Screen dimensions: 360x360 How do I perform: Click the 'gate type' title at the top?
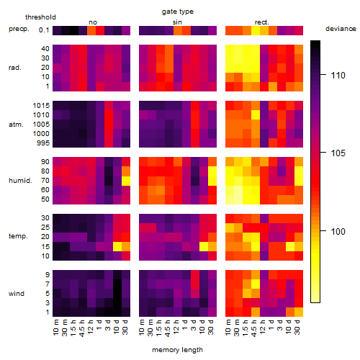pos(178,12)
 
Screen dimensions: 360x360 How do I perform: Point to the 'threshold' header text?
pos(40,17)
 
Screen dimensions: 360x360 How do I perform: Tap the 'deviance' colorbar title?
pos(341,29)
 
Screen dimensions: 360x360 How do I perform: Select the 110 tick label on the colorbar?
pos(338,76)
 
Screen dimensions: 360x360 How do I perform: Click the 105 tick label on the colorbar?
pos(338,153)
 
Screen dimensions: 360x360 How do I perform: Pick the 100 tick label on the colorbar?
pos(338,231)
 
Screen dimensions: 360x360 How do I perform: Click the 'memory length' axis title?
pos(177,350)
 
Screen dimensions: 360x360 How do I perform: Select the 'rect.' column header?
pos(262,22)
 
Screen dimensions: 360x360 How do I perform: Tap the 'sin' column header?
pos(177,22)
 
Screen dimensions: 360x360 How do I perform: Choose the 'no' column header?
pos(93,22)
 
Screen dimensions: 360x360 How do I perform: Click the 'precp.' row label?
pos(19,29)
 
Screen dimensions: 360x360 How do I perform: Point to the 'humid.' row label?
pos(20,181)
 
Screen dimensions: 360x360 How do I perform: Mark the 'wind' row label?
pos(17,294)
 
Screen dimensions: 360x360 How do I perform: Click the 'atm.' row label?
pos(16,125)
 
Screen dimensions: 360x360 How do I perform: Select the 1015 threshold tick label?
pos(41,106)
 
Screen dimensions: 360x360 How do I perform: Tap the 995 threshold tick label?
pos(43,143)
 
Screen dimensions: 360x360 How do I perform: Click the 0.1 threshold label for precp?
pos(44,30)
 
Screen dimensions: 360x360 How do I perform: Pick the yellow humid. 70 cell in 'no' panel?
pos(126,181)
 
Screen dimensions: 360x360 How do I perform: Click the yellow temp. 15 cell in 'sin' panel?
pos(204,246)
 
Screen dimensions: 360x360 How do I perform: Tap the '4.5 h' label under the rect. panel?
pos(253,328)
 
